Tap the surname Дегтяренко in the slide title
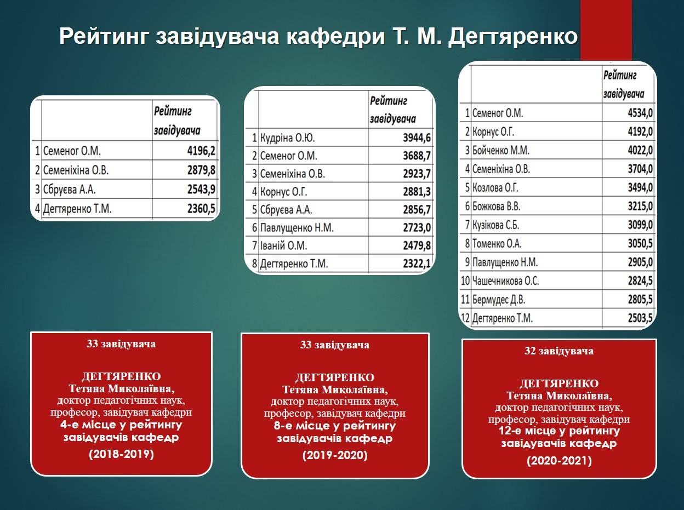513,37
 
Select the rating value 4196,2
201,151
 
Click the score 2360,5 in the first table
201,209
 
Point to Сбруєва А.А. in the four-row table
69,190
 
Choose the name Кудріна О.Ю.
287,137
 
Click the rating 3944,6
417,137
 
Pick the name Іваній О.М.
283,245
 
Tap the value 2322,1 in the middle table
417,263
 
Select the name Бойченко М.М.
501,151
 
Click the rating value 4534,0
640,113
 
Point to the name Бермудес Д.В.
499,300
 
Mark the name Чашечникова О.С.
505,281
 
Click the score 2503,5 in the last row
640,318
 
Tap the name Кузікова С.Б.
496,225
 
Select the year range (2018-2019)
122,454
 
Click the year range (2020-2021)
560,461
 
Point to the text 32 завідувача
559,351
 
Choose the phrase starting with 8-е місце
335,432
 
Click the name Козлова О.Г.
495,188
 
